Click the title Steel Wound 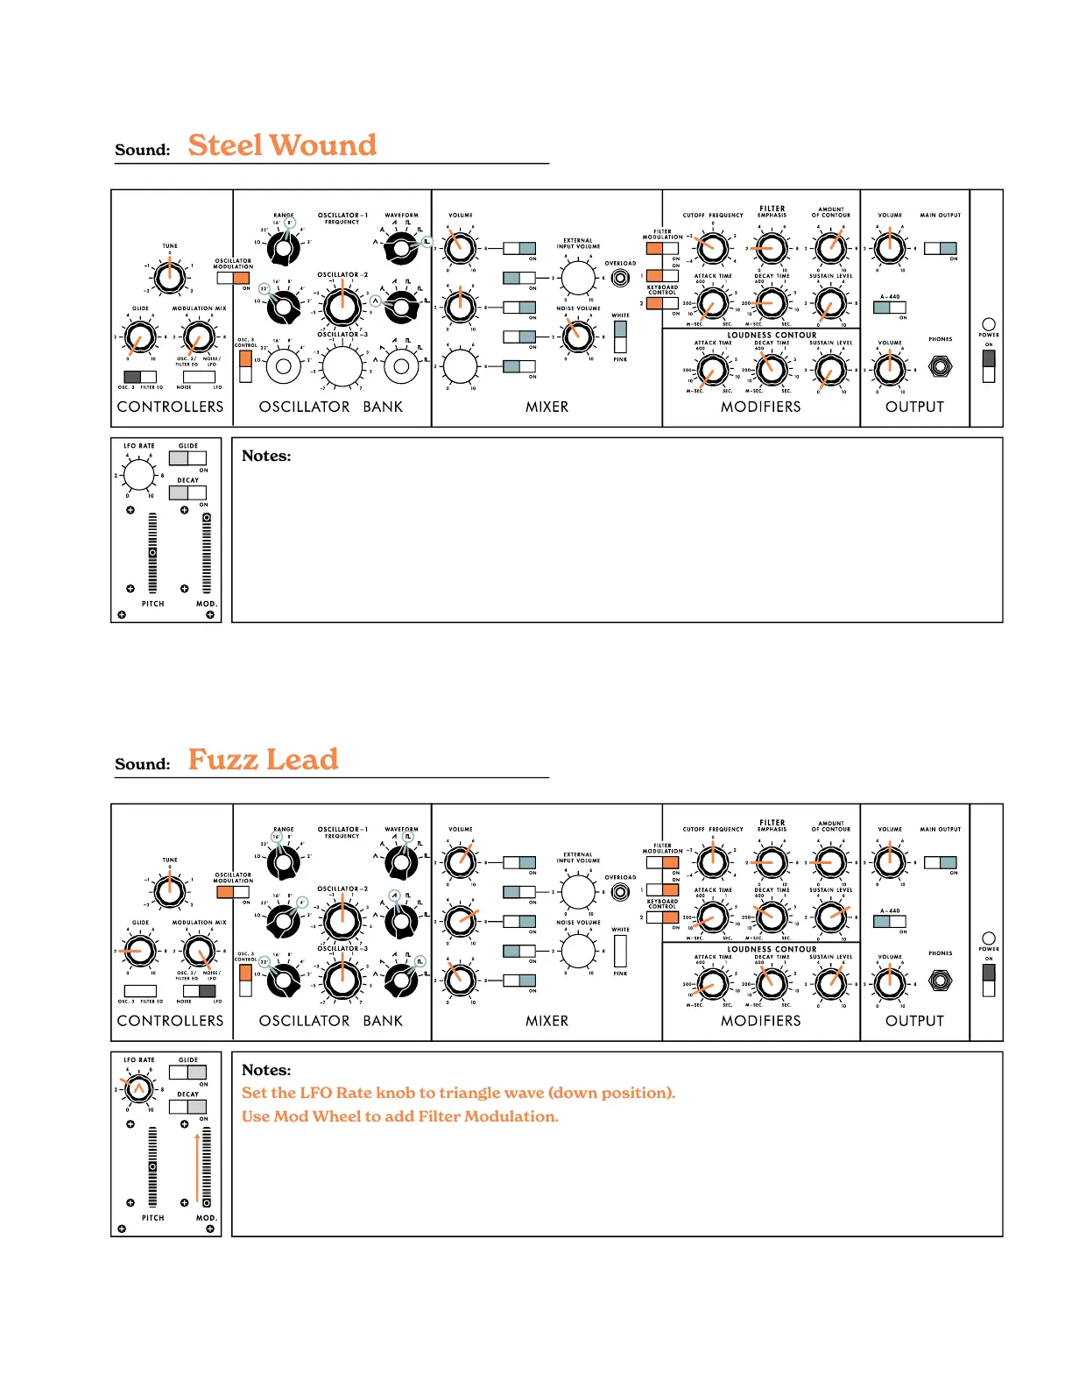(282, 145)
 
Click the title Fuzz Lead (263, 760)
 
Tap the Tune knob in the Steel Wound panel (169, 277)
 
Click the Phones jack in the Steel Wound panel (940, 366)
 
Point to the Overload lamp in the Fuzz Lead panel (620, 892)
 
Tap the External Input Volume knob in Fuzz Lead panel (577, 892)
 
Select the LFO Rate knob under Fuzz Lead (138, 1089)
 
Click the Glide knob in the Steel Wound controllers (140, 336)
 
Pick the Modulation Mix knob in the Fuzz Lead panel (199, 951)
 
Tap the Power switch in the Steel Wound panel (989, 366)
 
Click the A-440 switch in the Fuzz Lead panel (890, 922)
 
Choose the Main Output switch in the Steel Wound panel (940, 248)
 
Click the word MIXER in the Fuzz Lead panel (547, 1021)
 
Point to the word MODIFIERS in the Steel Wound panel (760, 407)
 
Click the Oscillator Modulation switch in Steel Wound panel (233, 278)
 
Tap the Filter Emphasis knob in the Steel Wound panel (771, 248)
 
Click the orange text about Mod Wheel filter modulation (399, 1116)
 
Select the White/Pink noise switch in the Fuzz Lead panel (620, 951)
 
